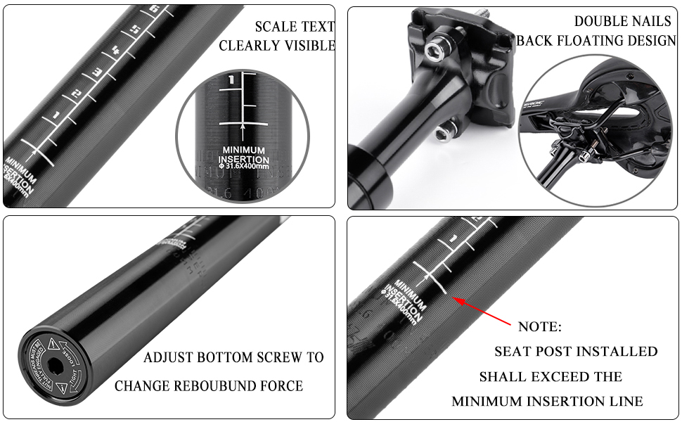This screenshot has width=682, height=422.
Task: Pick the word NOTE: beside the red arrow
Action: (539, 327)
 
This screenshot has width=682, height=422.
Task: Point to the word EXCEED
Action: (558, 376)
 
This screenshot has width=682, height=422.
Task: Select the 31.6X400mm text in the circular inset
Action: (245, 166)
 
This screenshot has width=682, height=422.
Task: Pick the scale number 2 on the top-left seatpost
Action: (77, 94)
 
